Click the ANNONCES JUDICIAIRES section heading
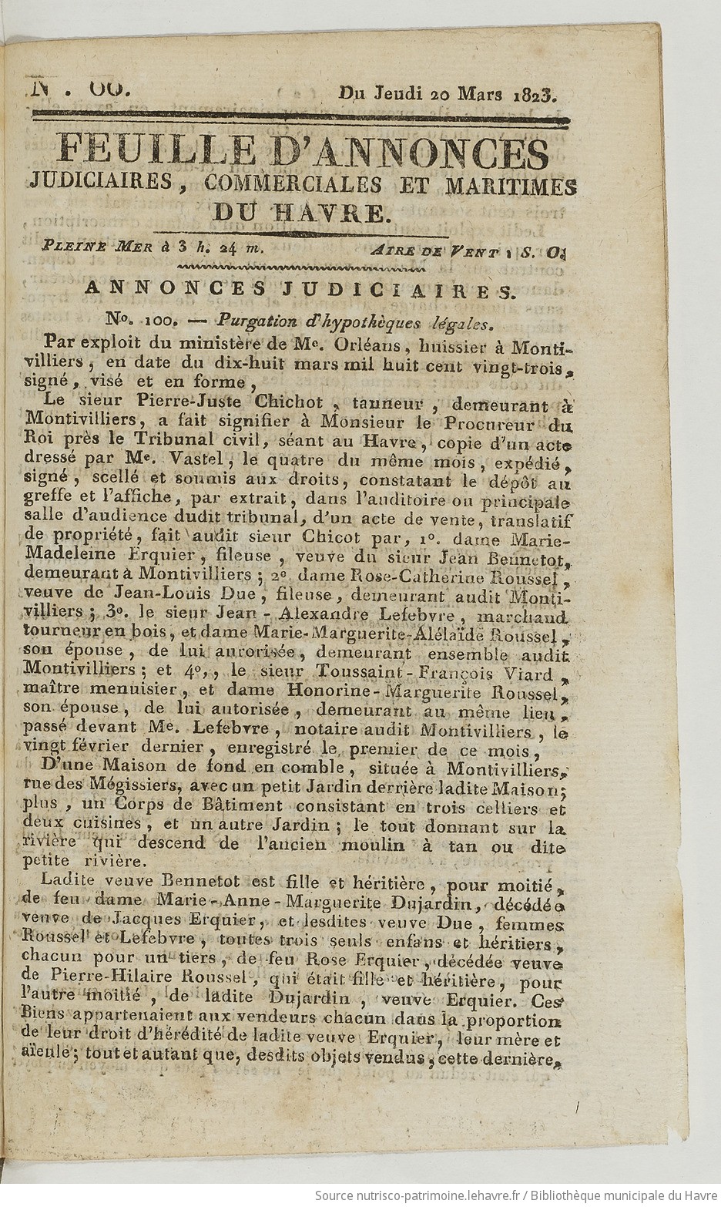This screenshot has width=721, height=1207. pyautogui.click(x=297, y=289)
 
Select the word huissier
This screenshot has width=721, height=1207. pyautogui.click(x=430, y=340)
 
